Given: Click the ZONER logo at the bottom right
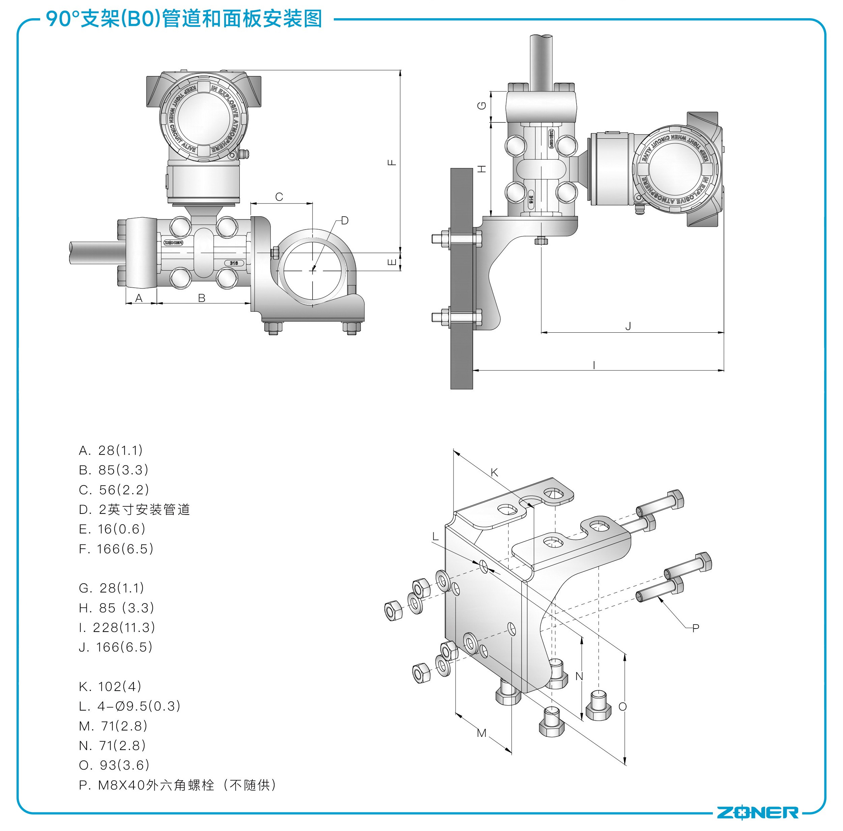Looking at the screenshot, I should (758, 812).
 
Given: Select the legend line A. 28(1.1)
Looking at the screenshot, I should (111, 450).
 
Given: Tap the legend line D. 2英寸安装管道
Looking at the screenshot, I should (134, 509).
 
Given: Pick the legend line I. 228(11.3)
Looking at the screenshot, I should (117, 628).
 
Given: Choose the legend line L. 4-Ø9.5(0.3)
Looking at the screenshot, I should (129, 706).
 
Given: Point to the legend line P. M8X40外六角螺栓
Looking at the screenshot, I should (177, 785).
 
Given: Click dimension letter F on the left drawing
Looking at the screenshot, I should (392, 162).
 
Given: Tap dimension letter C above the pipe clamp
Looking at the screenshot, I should (279, 197).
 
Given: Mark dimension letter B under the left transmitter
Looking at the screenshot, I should (202, 298).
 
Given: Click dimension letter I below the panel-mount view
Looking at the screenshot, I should (594, 365).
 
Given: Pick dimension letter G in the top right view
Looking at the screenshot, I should (482, 106).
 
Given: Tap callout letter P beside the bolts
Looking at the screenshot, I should (696, 628).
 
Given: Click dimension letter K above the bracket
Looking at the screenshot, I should (494, 472).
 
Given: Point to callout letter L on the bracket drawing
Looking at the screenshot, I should (435, 536).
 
